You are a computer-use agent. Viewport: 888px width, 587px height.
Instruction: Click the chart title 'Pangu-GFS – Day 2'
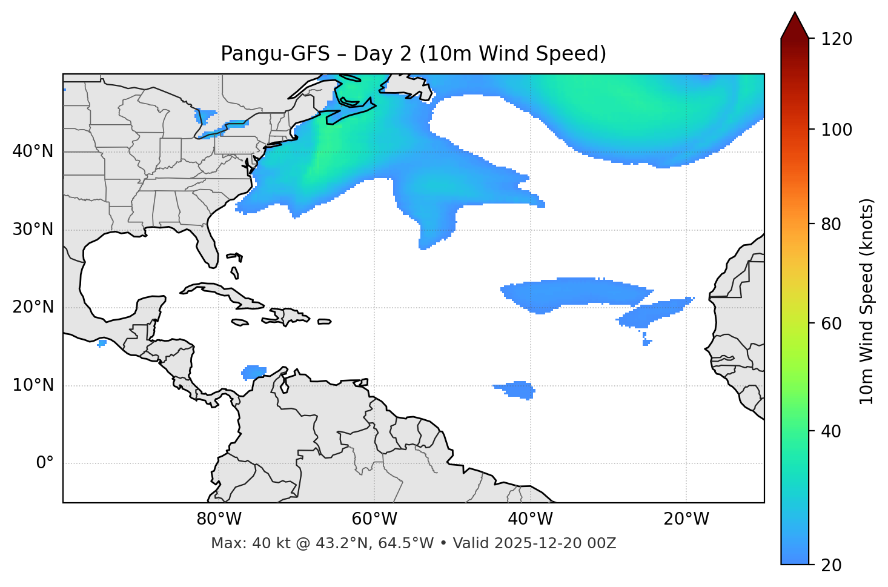(x=413, y=54)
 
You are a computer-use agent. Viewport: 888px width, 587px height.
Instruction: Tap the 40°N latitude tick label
(x=33, y=151)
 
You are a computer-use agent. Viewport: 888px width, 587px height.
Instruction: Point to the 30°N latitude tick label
(x=33, y=230)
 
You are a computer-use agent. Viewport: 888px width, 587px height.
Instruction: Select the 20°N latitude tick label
(x=33, y=307)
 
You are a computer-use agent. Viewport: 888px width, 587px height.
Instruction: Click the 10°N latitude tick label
(x=33, y=385)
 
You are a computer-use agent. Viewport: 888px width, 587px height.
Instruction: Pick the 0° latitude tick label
(x=45, y=463)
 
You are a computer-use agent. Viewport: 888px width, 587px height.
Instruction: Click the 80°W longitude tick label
(x=219, y=519)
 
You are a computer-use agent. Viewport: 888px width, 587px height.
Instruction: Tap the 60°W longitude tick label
(x=374, y=519)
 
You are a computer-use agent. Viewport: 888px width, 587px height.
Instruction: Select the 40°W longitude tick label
(x=530, y=519)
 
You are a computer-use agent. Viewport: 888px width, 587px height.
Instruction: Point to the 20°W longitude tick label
(x=686, y=519)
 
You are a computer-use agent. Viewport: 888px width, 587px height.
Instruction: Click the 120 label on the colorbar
(x=838, y=39)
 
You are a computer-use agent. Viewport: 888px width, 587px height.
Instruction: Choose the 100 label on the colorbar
(x=838, y=130)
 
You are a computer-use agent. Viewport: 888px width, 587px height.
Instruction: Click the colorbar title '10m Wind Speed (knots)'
(x=867, y=301)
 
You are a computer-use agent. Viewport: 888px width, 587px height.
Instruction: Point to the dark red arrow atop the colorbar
(x=795, y=26)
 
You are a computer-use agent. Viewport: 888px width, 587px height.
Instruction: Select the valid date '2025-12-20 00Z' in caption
(x=555, y=543)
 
